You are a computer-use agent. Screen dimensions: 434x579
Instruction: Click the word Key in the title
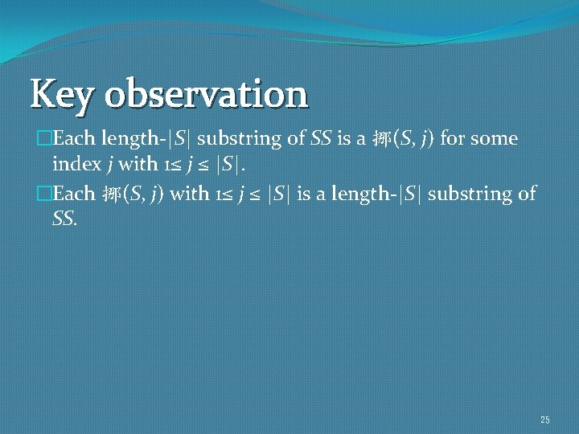coord(63,94)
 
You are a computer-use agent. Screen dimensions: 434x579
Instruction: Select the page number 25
coord(545,420)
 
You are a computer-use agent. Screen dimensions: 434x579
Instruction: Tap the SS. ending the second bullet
coord(65,219)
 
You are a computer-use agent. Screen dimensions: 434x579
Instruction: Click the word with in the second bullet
coord(188,194)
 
